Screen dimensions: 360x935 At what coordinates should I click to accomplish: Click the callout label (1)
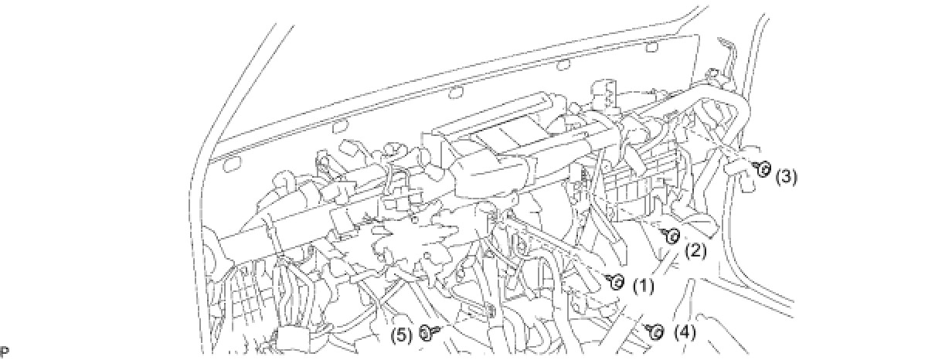coord(643,287)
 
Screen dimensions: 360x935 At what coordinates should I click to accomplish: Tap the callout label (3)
coord(785,176)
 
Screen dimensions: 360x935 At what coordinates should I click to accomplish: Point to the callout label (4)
coord(685,333)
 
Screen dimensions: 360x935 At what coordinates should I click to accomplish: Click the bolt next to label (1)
coord(616,282)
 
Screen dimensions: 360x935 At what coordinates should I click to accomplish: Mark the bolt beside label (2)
coord(671,235)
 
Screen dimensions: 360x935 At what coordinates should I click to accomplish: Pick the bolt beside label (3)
coord(763,169)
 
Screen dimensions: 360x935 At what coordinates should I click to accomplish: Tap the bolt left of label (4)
coord(654,331)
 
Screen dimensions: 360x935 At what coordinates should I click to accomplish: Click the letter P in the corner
coord(5,352)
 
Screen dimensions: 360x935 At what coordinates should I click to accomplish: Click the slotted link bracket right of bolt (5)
coord(479,313)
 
